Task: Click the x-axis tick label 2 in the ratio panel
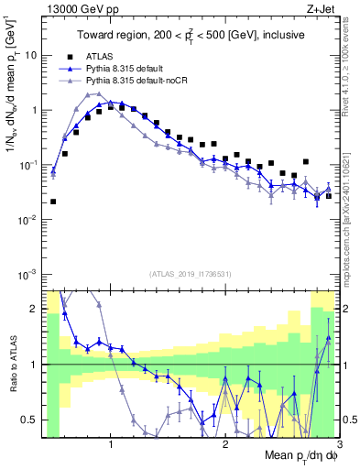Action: click(225, 444)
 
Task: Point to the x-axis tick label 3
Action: click(340, 444)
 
